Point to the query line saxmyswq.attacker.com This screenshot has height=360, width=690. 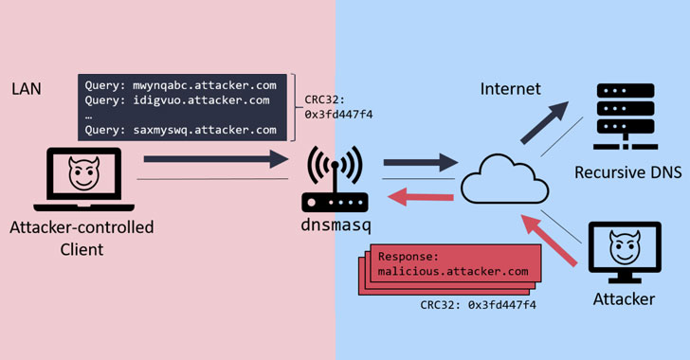[x=180, y=130]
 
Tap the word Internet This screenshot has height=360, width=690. [x=510, y=89]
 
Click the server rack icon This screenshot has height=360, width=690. [x=626, y=119]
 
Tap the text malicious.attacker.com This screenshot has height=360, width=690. [x=452, y=271]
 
